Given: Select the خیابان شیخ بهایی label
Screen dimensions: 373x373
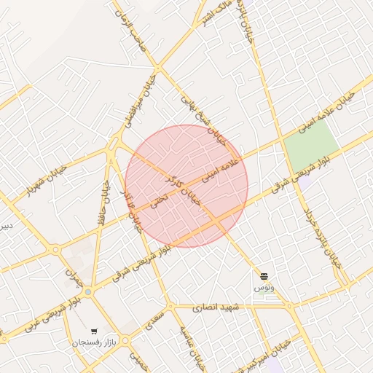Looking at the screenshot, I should point(200,115).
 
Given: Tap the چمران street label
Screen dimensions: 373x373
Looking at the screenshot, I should point(71,275).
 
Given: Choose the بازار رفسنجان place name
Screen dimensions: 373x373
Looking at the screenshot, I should point(93,342).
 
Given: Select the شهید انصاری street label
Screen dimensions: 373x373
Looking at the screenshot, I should point(217,308).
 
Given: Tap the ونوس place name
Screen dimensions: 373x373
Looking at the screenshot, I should point(263,288).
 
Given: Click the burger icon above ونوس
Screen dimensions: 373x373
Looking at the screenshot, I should point(264,277).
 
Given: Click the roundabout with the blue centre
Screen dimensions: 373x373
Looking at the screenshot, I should point(88,292).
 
